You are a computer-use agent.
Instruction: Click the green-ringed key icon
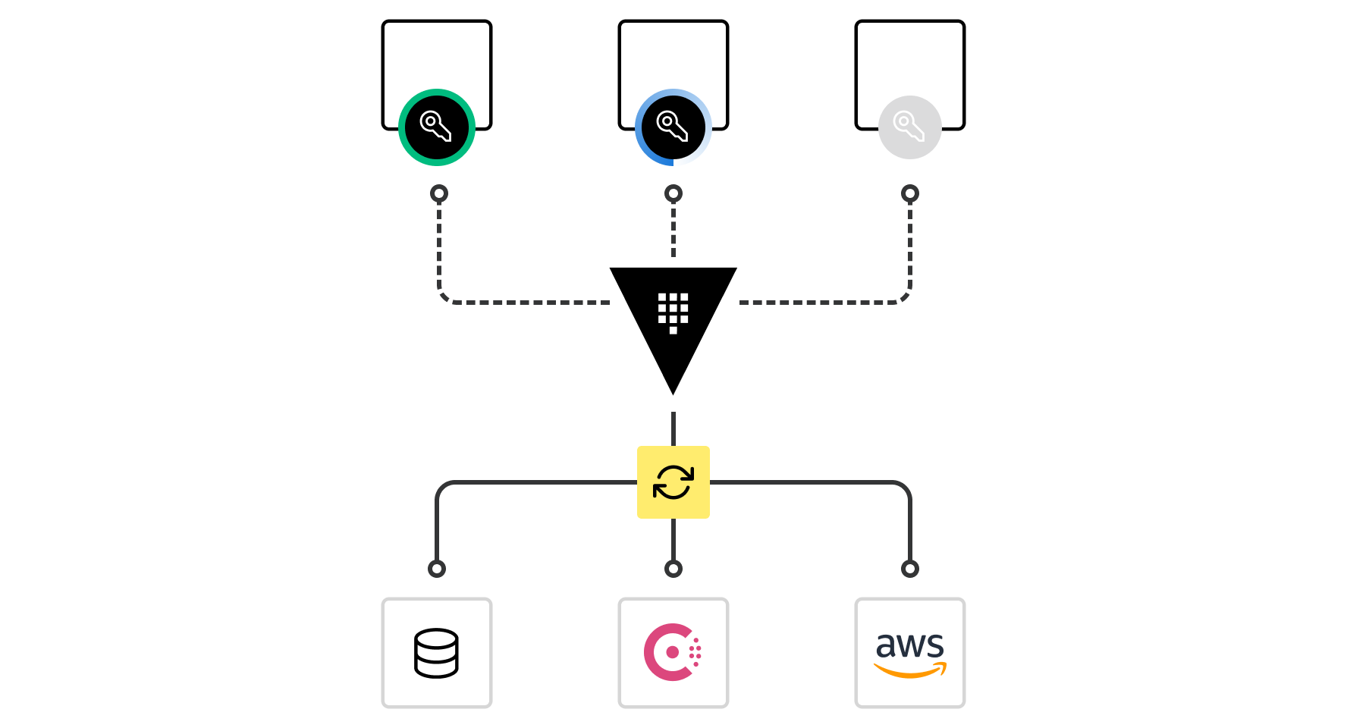pyautogui.click(x=437, y=127)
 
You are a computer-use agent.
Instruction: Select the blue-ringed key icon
pyautogui.click(x=673, y=127)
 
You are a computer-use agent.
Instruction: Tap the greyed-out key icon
pyautogui.click(x=910, y=127)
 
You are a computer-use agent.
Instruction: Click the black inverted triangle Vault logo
pyautogui.click(x=673, y=318)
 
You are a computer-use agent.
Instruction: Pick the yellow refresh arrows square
pyautogui.click(x=673, y=482)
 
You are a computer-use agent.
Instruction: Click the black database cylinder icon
pyautogui.click(x=437, y=653)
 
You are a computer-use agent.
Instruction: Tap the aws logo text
pyautogui.click(x=910, y=645)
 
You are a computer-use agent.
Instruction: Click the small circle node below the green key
pyautogui.click(x=439, y=193)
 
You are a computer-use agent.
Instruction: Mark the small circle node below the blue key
pyautogui.click(x=673, y=193)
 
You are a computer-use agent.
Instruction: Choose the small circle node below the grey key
pyautogui.click(x=910, y=193)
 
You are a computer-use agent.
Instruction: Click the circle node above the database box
pyautogui.click(x=437, y=569)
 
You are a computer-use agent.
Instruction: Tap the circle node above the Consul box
pyautogui.click(x=673, y=569)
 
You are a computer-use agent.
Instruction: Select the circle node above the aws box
pyautogui.click(x=910, y=569)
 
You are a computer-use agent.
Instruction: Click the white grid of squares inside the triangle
pyautogui.click(x=673, y=312)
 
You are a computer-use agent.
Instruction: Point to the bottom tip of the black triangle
pyautogui.click(x=673, y=390)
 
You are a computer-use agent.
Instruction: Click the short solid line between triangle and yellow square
pyautogui.click(x=673, y=428)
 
